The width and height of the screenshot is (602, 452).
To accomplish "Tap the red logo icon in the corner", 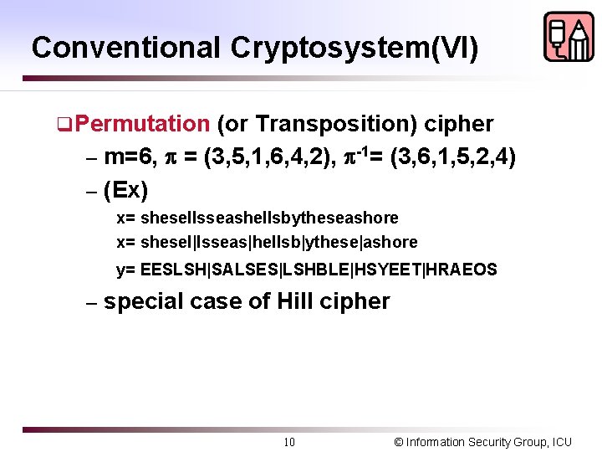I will tap(568, 37).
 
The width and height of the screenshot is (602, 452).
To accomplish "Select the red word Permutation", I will tap(146, 124).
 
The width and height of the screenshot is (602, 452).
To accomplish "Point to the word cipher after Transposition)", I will tap(459, 124).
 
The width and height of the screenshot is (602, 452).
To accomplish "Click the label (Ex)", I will tap(126, 190).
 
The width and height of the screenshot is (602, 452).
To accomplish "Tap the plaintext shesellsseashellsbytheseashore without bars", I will tap(270, 218).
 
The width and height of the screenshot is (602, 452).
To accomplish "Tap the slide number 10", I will tap(288, 442).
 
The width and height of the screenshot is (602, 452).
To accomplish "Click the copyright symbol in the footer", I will tap(398, 442).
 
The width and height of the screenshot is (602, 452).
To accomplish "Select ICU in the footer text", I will tap(561, 442).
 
